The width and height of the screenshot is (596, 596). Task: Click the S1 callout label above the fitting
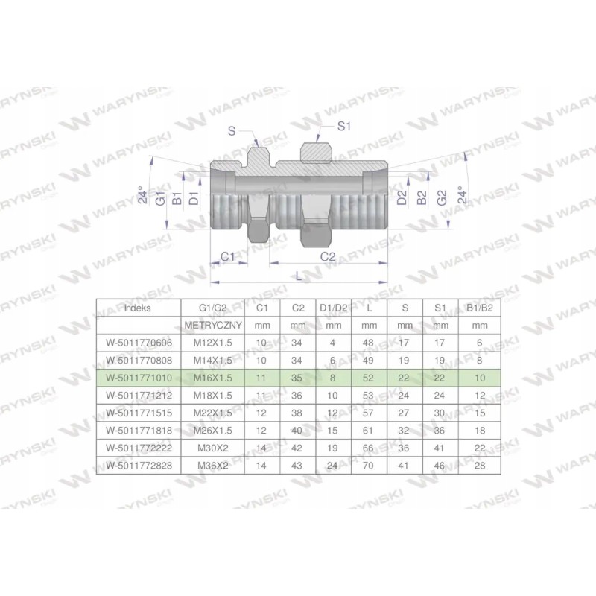[343, 127]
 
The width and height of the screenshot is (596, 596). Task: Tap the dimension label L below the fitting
[299, 276]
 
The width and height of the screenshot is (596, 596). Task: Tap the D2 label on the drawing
[402, 198]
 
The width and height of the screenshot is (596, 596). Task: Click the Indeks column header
[138, 307]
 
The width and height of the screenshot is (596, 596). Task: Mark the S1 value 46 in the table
[440, 466]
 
